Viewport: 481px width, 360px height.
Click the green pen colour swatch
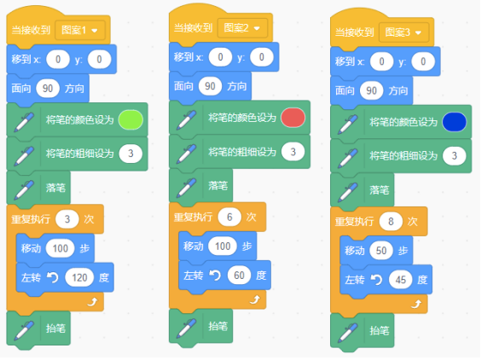pyautogui.click(x=130, y=119)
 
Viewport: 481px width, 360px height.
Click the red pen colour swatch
pyautogui.click(x=293, y=118)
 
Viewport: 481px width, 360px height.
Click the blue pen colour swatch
pyautogui.click(x=455, y=122)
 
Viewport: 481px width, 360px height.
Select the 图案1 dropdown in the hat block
pyautogui.click(x=80, y=30)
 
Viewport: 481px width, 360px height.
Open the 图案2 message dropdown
pyautogui.click(x=242, y=28)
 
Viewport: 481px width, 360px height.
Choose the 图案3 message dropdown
pyautogui.click(x=403, y=32)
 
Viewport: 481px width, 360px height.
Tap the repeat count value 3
pyautogui.click(x=67, y=219)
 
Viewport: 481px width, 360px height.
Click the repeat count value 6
pyautogui.click(x=229, y=217)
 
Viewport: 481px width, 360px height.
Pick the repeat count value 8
pyautogui.click(x=391, y=221)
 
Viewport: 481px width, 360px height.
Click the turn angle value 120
pyautogui.click(x=79, y=278)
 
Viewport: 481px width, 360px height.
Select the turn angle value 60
pyautogui.click(x=239, y=276)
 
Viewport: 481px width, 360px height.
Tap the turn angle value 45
pyautogui.click(x=400, y=280)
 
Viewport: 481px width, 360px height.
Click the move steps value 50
pyautogui.click(x=381, y=251)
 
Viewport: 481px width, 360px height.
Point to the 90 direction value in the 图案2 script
pyautogui.click(x=210, y=86)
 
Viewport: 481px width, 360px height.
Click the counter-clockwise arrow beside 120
pyautogui.click(x=53, y=277)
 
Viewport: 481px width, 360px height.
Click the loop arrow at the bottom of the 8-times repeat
pyautogui.click(x=416, y=305)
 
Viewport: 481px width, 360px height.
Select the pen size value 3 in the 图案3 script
pyautogui.click(x=455, y=156)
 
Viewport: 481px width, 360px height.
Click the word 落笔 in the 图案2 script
pyautogui.click(x=217, y=186)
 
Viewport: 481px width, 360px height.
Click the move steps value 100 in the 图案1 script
pyautogui.click(x=60, y=248)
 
